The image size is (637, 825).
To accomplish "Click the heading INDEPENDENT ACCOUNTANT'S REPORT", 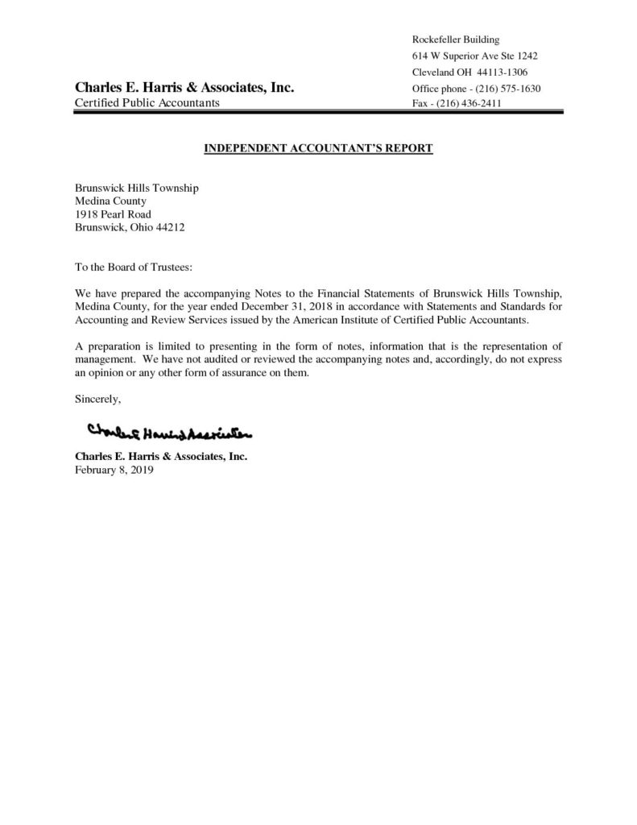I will click(x=317, y=149).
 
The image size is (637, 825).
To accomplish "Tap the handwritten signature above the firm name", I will click(x=170, y=433).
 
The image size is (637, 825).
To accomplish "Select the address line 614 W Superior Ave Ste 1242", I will click(x=474, y=56).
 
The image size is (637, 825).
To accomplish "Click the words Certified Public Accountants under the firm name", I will click(x=147, y=104).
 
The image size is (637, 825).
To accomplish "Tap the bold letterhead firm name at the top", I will click(x=184, y=87).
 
